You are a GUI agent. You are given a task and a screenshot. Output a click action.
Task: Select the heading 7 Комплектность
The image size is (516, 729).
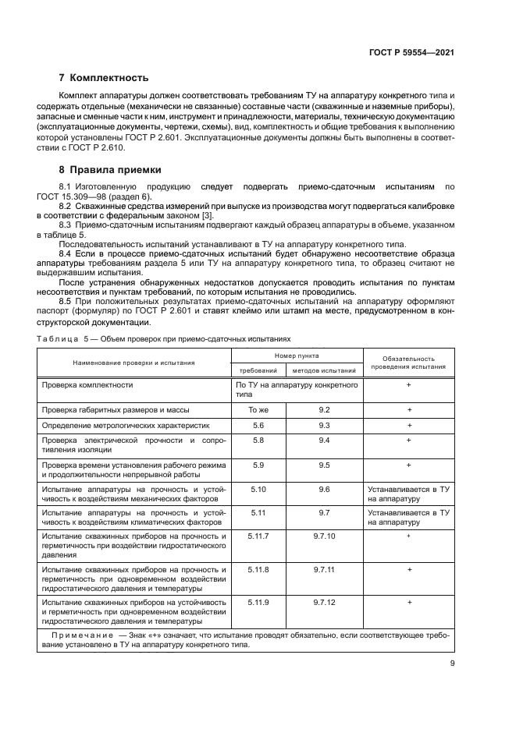coord(104,78)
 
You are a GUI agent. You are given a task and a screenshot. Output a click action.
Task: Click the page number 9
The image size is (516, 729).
coord(452,664)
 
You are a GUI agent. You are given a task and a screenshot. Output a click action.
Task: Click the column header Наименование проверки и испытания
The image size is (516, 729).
coord(134,363)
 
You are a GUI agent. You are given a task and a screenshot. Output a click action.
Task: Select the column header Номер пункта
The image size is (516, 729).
coord(296,355)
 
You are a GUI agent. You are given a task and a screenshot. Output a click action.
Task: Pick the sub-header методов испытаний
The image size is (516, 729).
coord(324,370)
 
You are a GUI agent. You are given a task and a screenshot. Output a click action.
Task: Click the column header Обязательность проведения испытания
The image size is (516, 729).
coord(408,362)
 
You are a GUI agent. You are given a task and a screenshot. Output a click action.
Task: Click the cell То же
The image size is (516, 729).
coord(258,409)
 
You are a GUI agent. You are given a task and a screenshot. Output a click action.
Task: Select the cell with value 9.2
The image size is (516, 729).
coord(325,409)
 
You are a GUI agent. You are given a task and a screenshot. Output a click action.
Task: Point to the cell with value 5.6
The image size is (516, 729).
coord(258,425)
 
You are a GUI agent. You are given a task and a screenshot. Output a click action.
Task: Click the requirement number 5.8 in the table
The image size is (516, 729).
coord(258,441)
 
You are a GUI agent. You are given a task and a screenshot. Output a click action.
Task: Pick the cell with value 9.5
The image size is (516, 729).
coord(325,465)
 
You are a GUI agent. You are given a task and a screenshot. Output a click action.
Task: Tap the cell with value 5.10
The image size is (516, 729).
coord(258,489)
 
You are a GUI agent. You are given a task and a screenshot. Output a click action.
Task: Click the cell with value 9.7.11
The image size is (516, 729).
coord(325,570)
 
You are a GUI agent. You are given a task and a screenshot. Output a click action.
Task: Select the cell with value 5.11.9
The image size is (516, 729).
coord(258,603)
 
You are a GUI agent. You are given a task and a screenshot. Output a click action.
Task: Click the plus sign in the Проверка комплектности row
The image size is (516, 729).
coord(408,385)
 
